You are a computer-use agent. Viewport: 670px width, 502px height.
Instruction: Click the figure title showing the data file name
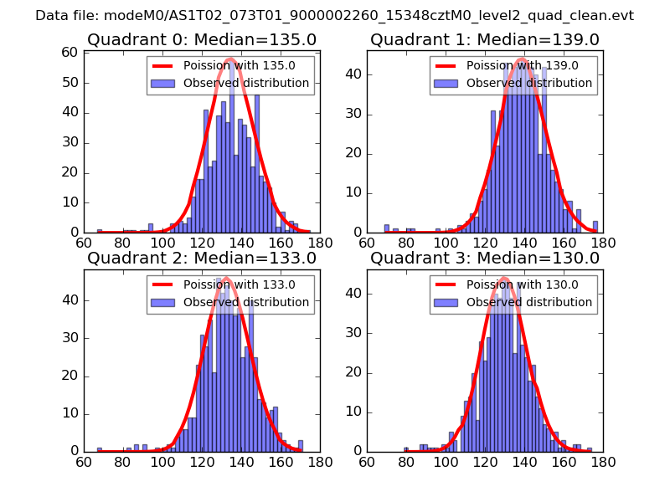(334, 16)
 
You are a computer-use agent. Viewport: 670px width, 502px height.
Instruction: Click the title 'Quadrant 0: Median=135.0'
(201, 39)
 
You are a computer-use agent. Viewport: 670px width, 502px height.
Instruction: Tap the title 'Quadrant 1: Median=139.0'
(484, 39)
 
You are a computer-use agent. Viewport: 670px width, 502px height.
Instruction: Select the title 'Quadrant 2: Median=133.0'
(201, 258)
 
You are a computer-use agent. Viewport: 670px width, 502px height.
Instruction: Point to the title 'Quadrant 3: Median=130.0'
(484, 258)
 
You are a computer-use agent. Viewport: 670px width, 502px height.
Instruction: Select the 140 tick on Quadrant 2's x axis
(241, 460)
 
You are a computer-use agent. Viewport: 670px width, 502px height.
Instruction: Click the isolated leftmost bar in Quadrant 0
(100, 230)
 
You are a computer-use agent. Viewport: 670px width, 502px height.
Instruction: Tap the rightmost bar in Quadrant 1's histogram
(595, 227)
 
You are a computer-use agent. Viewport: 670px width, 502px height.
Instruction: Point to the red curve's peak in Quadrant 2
(226, 278)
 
